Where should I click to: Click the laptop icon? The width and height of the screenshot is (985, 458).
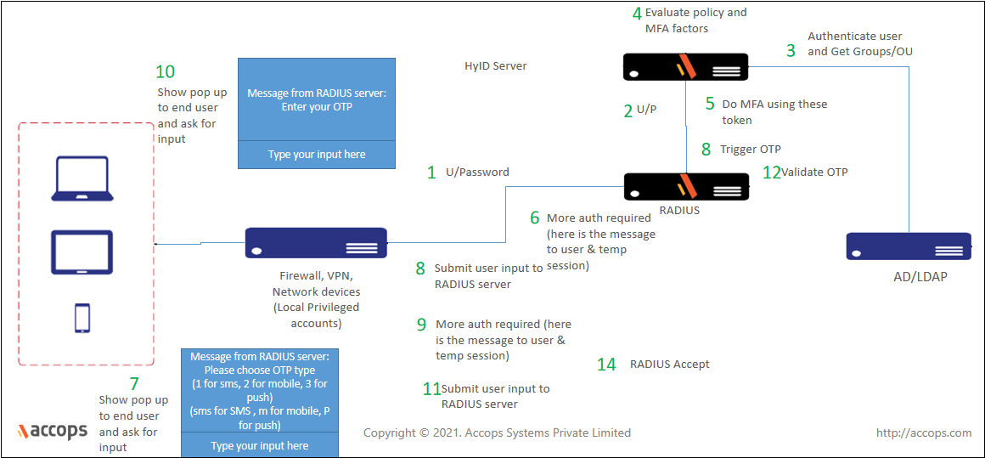[x=82, y=178]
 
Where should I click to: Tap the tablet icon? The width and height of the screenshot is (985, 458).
[x=82, y=252]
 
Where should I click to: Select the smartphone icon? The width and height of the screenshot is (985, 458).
[x=82, y=318]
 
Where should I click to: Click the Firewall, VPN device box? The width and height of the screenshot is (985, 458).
[x=316, y=242]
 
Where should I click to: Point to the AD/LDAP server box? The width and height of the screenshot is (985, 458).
[x=909, y=246]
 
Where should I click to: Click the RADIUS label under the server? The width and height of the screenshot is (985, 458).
[x=679, y=210]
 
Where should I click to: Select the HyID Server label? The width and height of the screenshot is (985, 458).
[x=496, y=65]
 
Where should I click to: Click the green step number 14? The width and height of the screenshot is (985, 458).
[x=606, y=365]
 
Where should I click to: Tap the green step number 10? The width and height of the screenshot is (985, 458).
[x=166, y=72]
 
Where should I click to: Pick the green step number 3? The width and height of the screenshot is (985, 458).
[x=791, y=51]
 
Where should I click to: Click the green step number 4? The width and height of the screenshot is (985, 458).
[x=637, y=14]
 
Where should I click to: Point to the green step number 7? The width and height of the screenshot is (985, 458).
[x=133, y=384]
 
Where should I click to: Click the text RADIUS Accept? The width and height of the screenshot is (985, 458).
[x=669, y=365]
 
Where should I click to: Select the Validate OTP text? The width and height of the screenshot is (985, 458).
[x=814, y=172]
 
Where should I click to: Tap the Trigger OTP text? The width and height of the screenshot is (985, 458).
[x=750, y=150]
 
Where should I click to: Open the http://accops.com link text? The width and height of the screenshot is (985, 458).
[x=923, y=433]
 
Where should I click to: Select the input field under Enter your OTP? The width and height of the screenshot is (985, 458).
[x=317, y=155]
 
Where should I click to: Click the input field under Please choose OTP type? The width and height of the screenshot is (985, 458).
[x=260, y=446]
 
